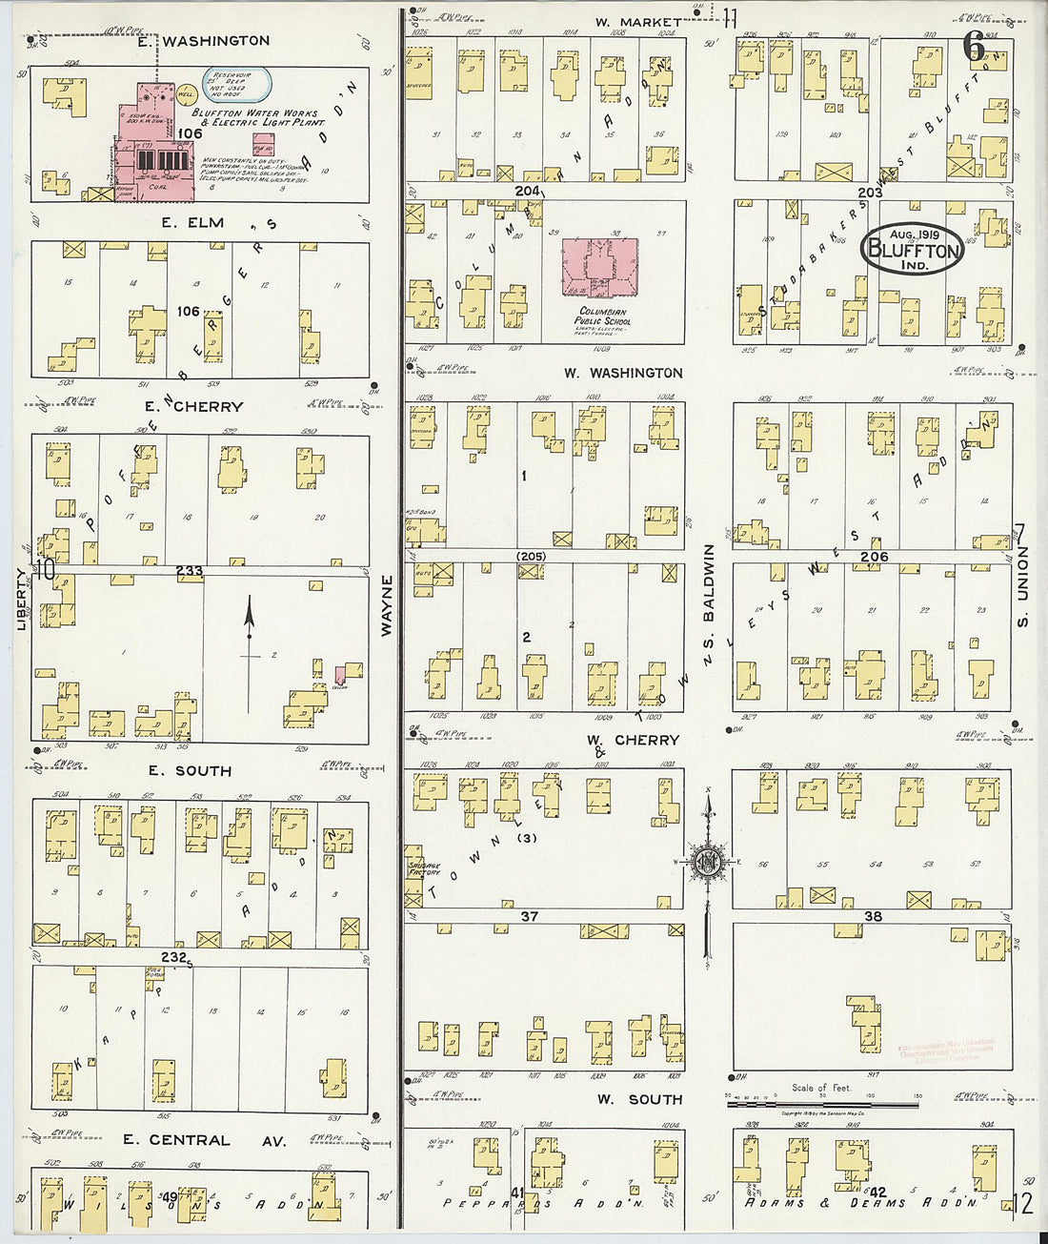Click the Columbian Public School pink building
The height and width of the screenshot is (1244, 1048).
pos(600,269)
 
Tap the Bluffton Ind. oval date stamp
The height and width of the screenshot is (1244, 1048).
pos(912,251)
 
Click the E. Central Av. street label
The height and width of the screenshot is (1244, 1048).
pos(176,1140)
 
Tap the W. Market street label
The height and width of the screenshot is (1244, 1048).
pos(638,22)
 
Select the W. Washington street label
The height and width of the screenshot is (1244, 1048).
pos(622,373)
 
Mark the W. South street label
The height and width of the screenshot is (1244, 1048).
pos(640,1099)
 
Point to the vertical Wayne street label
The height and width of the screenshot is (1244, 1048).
pos(387,606)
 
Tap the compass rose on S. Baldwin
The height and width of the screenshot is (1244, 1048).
pos(708,863)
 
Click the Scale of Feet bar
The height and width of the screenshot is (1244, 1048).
pos(822,1103)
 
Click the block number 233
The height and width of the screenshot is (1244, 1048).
pos(189,571)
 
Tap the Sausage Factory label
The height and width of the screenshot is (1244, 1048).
pos(424,867)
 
